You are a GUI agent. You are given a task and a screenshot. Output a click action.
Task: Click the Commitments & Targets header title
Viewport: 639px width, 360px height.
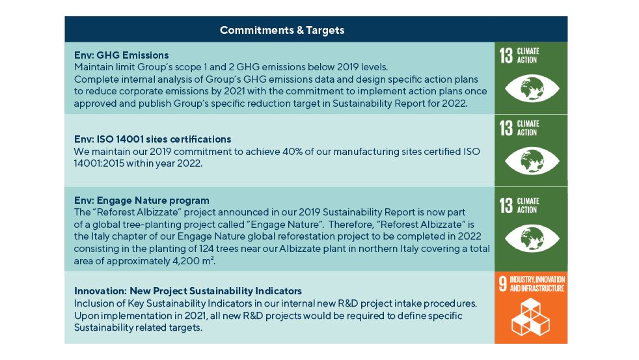click(x=282, y=30)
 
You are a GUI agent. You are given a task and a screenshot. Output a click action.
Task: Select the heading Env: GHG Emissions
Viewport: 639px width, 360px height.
click(x=121, y=55)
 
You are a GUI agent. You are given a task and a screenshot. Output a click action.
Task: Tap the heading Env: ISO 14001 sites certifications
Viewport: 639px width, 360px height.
click(x=152, y=139)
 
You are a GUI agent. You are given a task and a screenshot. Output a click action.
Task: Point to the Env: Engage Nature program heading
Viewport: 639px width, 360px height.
click(x=141, y=201)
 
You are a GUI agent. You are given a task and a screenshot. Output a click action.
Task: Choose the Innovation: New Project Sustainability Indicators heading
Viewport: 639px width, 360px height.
click(x=188, y=291)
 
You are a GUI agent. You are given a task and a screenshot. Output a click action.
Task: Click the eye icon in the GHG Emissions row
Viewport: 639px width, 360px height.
click(x=532, y=89)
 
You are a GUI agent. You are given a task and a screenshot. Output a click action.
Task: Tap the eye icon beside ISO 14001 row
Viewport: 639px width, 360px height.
click(x=532, y=161)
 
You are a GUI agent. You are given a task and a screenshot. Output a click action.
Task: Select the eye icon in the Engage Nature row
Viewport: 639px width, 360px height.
click(x=532, y=238)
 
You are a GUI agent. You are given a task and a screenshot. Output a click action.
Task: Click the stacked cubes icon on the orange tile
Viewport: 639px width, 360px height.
click(x=530, y=317)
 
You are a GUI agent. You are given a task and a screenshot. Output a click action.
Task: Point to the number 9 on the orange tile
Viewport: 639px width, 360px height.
click(x=503, y=284)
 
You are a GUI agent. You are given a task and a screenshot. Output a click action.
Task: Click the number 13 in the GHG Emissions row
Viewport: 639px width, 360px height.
click(x=506, y=55)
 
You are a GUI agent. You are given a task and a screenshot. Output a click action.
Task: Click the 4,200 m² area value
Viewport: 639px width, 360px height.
click(x=193, y=260)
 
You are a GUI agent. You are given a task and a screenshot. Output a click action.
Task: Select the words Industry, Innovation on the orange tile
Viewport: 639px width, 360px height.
click(x=537, y=280)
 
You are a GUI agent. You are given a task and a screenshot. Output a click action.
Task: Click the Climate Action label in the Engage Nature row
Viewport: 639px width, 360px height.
click(x=528, y=206)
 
